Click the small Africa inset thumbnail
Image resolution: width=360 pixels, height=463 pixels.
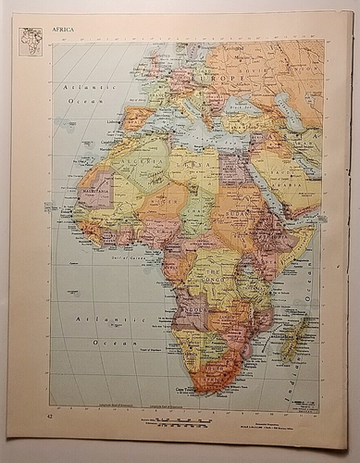click(31, 42)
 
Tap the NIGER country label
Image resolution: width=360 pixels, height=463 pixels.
click(168, 199)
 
